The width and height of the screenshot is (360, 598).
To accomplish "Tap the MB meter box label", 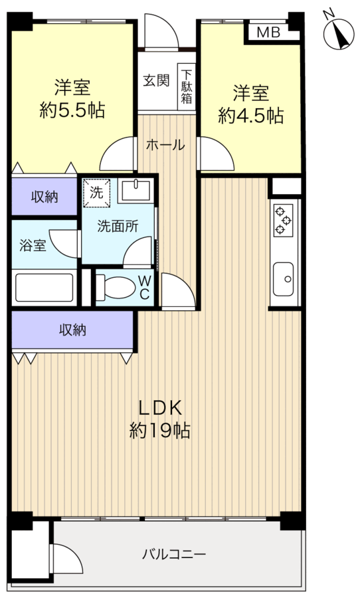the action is click(268, 33).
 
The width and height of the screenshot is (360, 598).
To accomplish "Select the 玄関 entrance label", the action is click(156, 80).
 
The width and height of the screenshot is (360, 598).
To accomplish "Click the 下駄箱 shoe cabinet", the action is click(187, 87).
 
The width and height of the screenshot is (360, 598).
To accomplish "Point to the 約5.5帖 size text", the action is click(72, 111).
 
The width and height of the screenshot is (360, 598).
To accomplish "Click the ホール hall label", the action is click(165, 145).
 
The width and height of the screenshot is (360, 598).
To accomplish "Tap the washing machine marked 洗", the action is click(96, 193).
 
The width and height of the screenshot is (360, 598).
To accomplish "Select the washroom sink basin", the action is click(135, 191).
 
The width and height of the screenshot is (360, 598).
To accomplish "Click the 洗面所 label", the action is click(118, 226).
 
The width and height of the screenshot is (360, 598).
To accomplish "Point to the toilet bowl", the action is click(116, 288).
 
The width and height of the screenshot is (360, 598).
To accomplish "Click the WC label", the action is click(144, 287).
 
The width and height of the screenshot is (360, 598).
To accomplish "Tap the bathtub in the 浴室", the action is click(45, 288).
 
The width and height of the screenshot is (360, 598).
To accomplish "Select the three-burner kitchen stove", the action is click(284, 221).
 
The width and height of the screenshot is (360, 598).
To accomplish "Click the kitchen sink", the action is click(284, 279).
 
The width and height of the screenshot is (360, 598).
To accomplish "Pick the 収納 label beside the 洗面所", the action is click(45, 197).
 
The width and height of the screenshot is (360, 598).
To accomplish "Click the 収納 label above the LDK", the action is click(72, 330).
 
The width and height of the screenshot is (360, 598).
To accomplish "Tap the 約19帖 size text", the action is click(160, 431).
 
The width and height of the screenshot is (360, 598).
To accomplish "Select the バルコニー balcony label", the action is click(174, 553).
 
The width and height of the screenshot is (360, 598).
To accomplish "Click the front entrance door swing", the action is click(161, 31).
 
